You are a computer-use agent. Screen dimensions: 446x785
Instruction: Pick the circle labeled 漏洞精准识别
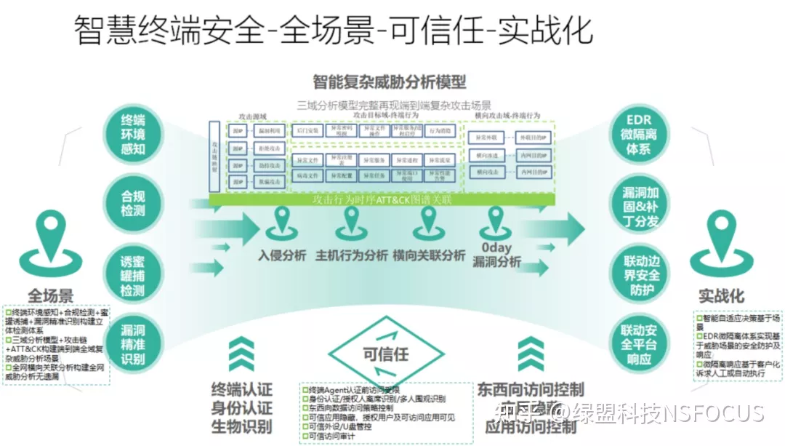134,343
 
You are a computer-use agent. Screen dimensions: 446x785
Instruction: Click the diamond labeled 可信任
385,354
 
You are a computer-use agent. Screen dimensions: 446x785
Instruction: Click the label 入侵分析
282,256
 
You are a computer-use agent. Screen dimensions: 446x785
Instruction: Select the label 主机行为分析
352,256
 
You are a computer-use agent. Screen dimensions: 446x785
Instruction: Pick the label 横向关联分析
428,256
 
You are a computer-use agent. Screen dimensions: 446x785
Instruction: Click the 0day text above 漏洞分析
496,247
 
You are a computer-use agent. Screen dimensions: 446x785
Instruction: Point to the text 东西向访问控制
530,389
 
